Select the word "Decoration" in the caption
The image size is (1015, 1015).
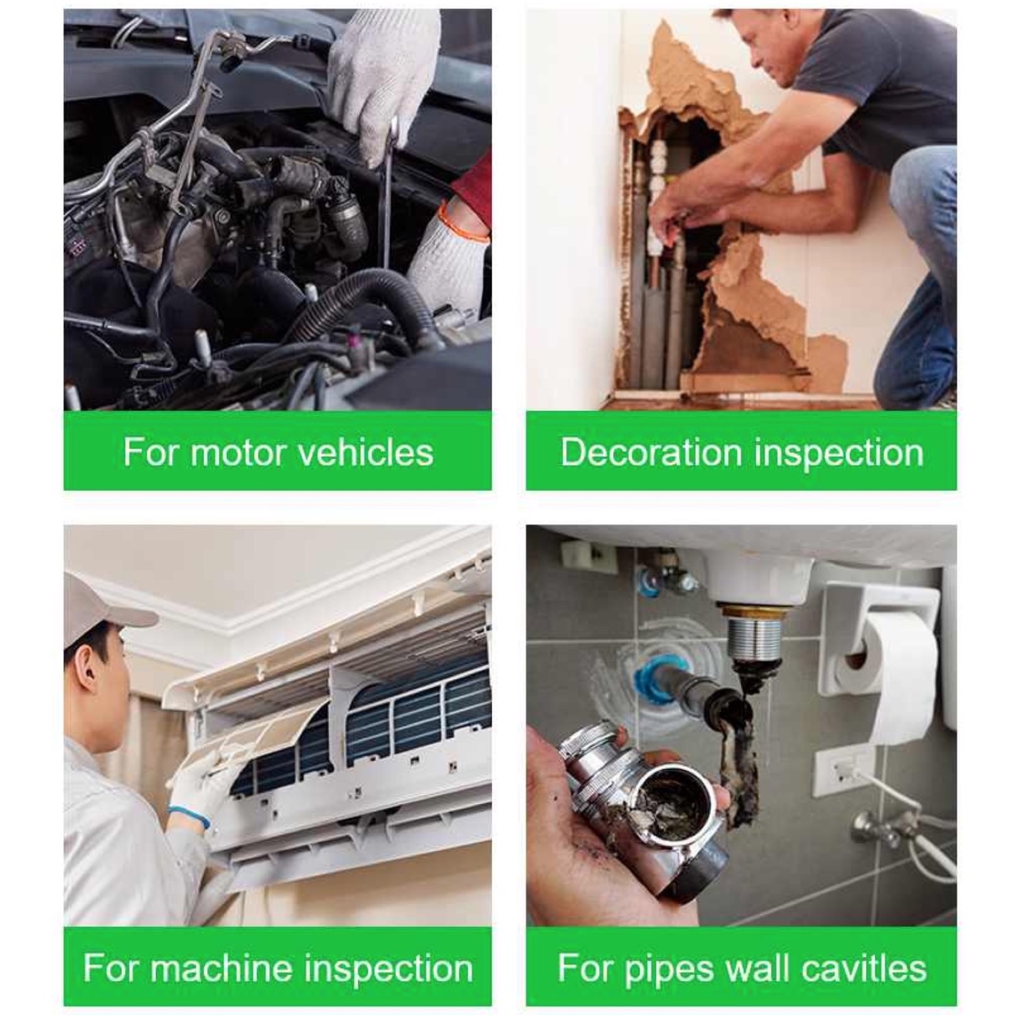pyautogui.click(x=652, y=452)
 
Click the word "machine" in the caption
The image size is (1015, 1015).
pyautogui.click(x=221, y=968)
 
